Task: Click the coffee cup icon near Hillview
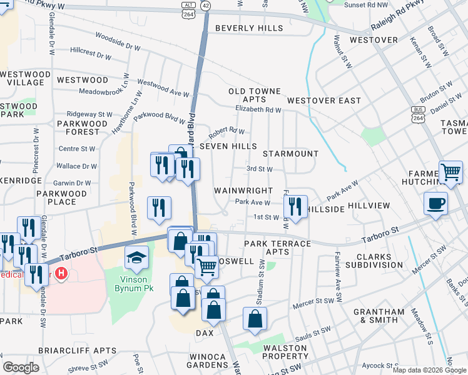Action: tap(435, 203)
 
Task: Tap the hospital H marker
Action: tap(61, 274)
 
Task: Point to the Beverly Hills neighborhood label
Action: tap(248, 28)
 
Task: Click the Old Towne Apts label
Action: tap(255, 95)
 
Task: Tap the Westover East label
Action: tap(324, 101)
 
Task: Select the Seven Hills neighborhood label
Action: tap(228, 146)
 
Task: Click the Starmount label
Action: tap(290, 154)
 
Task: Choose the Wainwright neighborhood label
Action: tap(243, 191)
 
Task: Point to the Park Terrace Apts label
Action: tap(277, 247)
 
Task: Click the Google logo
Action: tap(21, 367)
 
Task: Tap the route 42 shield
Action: tap(206, 5)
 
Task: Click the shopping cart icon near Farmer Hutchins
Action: tap(450, 171)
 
